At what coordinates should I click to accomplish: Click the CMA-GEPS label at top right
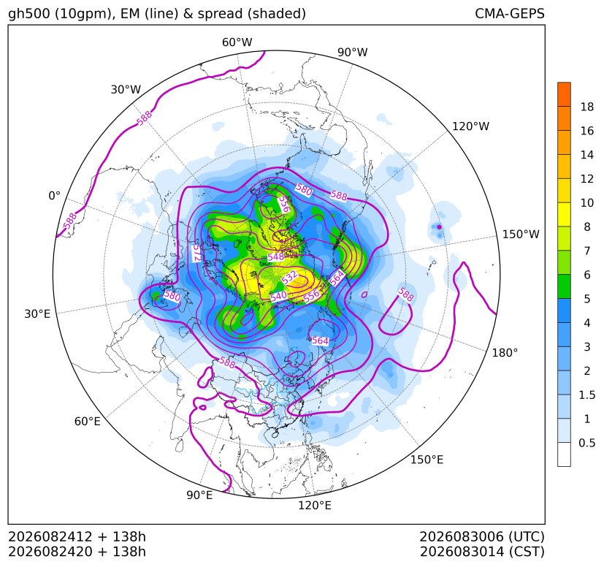point(510,13)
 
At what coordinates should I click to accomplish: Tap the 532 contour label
point(289,277)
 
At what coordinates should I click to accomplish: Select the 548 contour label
point(276,256)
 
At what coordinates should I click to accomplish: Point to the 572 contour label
point(196,254)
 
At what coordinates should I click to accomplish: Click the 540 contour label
point(278,297)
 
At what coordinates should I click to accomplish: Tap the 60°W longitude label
point(237,42)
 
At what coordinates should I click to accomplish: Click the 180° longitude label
point(505,353)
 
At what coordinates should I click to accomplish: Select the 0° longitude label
point(54,196)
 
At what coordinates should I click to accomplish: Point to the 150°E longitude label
point(427,460)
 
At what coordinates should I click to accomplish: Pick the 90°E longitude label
point(199,495)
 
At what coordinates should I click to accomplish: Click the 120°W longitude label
point(470,126)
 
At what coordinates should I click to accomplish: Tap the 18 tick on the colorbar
point(587,107)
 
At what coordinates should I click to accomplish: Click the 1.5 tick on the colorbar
point(586,395)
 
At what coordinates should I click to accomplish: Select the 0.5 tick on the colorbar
point(586,443)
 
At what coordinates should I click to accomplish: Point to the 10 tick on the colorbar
point(587,202)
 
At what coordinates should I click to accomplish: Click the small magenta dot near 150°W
point(439,227)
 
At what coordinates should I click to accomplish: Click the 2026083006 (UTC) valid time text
point(482,536)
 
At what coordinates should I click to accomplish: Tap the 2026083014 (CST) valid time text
point(482,552)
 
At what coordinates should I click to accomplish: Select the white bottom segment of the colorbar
point(564,454)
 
